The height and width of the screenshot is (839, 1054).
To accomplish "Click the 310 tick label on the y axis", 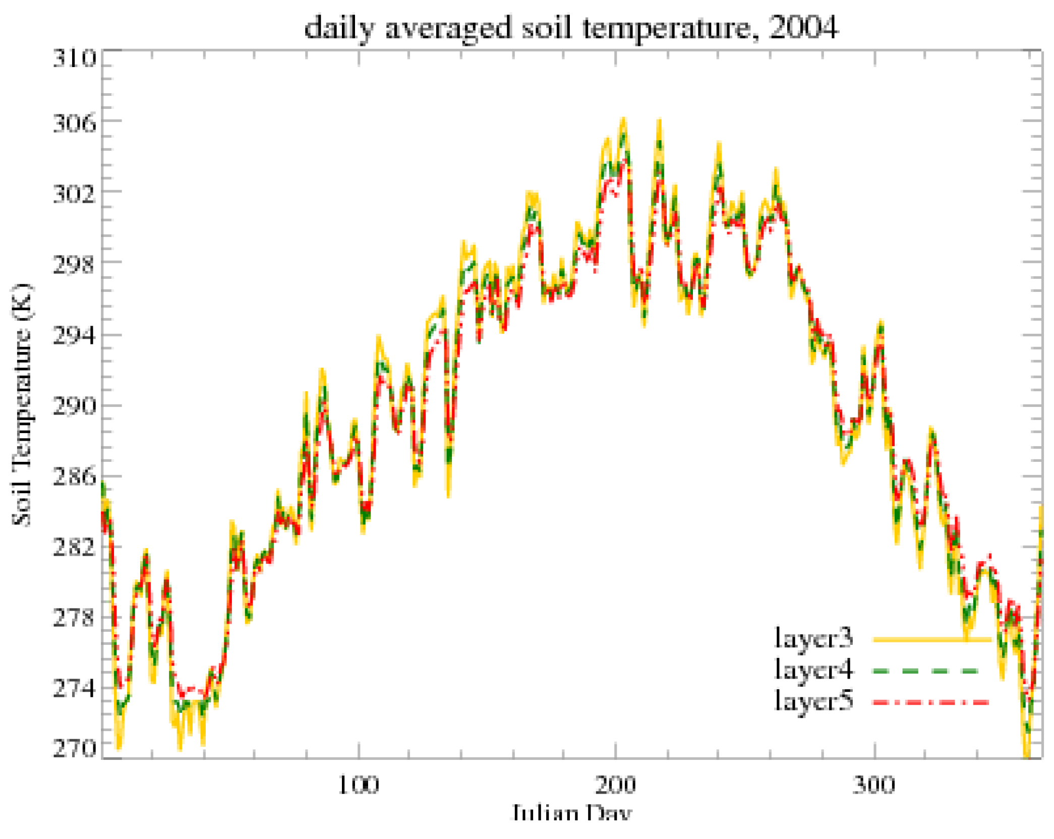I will [x=74, y=59].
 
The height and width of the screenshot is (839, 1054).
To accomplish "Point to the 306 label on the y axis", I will [x=74, y=124].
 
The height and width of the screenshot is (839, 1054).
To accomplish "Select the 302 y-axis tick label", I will [x=74, y=194].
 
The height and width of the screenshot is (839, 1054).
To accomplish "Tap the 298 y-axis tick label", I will [x=74, y=264].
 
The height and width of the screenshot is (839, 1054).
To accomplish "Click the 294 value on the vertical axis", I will [x=74, y=336].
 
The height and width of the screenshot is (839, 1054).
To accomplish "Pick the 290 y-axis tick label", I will [x=74, y=406].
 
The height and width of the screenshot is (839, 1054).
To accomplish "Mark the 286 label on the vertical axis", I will [x=74, y=476].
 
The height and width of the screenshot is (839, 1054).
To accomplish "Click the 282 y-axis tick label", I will [x=74, y=547].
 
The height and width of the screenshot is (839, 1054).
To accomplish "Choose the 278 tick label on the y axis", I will [x=74, y=618].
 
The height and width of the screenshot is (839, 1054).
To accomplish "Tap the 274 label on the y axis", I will [x=74, y=689].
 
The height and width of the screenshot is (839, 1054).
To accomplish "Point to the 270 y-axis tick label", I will [x=74, y=749].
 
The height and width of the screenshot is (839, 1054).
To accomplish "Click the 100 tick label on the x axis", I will [x=358, y=786].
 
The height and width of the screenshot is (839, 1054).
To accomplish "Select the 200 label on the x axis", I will [x=615, y=786].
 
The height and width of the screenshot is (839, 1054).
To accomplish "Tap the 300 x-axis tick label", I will [x=874, y=786].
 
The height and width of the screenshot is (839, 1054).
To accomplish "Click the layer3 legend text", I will [x=813, y=639].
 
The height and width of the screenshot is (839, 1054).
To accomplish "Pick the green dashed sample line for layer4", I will [x=926, y=671].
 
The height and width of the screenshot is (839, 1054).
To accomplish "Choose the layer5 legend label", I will [x=813, y=701].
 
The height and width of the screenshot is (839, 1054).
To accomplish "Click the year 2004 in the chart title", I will [x=804, y=28].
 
